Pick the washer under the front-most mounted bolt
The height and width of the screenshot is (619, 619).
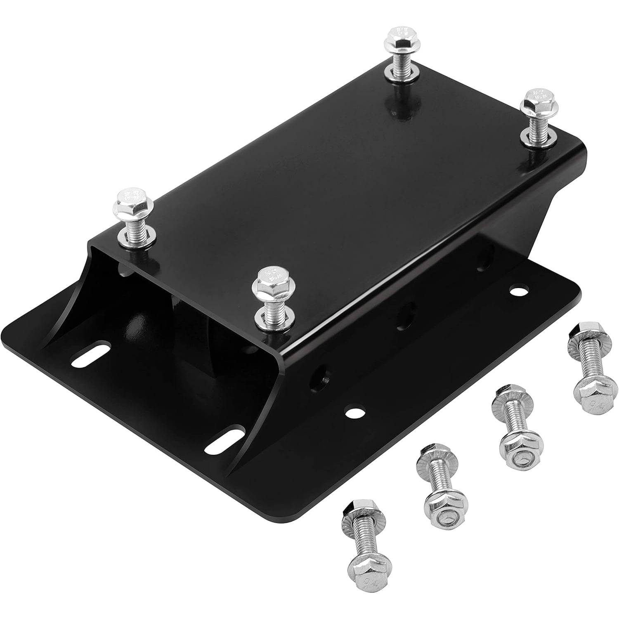pos(270,318)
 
